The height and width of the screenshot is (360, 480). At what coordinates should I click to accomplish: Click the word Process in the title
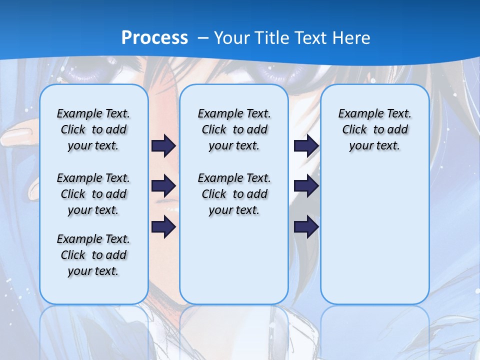point(154,38)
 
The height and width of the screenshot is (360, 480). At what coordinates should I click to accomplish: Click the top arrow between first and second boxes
point(163,145)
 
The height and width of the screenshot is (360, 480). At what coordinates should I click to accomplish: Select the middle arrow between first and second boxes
point(163,186)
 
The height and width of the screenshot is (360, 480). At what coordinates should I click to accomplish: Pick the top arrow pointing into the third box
point(306,145)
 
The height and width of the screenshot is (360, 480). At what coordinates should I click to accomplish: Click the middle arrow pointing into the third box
point(306,186)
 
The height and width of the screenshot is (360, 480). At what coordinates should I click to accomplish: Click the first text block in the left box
point(93,129)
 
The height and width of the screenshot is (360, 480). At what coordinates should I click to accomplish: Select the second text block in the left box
point(93,194)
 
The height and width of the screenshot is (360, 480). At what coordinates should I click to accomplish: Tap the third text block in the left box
point(93,255)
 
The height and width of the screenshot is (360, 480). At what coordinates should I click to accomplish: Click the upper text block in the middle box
point(234,129)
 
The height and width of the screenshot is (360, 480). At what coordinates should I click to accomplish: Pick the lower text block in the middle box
point(234,194)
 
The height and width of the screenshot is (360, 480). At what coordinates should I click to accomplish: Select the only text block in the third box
point(374,129)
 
